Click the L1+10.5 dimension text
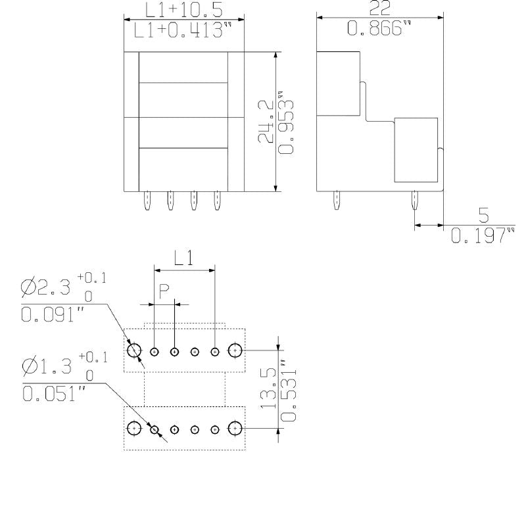pos(185,9)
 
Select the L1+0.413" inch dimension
pos(183,31)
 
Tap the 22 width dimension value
pos(379,8)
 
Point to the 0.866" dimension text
pos(379,30)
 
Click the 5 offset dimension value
pos(483,215)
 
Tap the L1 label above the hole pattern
pos(184,258)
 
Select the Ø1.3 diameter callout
pos(47,366)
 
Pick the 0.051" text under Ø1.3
pos(53,394)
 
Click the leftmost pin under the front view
pos(148,201)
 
